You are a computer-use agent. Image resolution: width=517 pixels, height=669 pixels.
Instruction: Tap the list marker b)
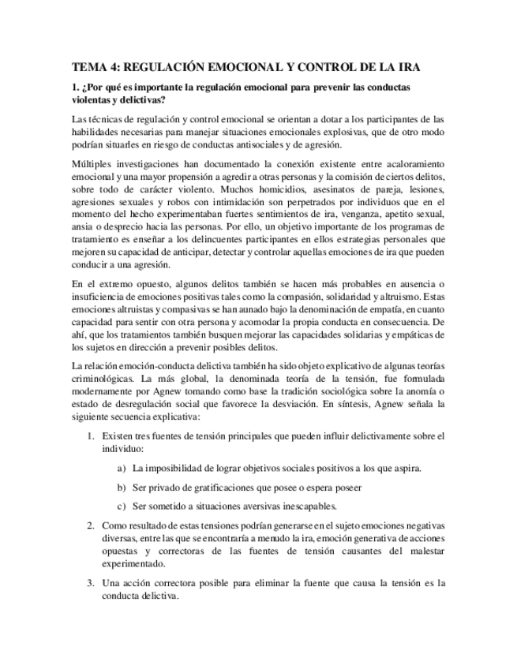(x=121, y=487)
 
